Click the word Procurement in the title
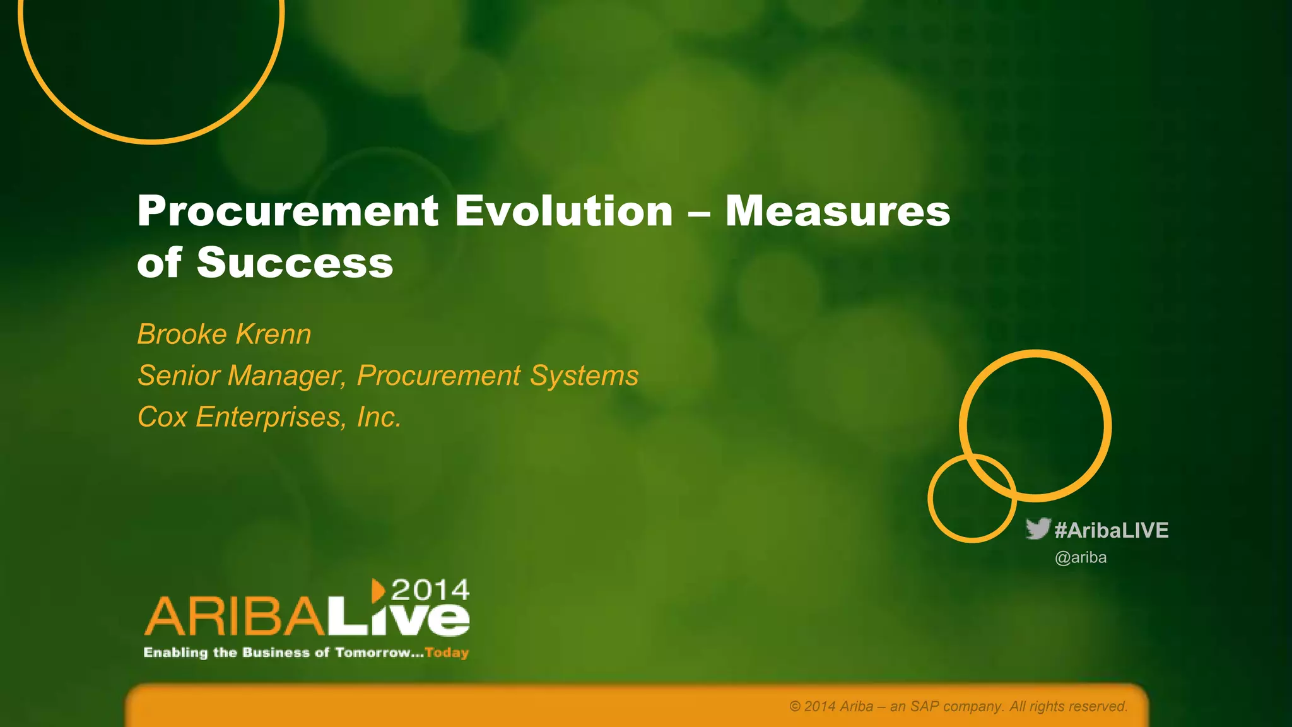[288, 211]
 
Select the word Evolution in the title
[563, 211]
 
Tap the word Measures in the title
[837, 211]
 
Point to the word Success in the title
[295, 263]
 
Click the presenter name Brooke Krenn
[224, 334]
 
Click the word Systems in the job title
[584, 375]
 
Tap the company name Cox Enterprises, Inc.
[269, 417]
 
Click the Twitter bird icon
[1038, 529]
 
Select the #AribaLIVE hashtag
[1111, 530]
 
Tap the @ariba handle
[1081, 558]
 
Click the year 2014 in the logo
[430, 591]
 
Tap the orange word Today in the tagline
[447, 653]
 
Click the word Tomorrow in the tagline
[373, 653]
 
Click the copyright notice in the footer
[958, 706]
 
